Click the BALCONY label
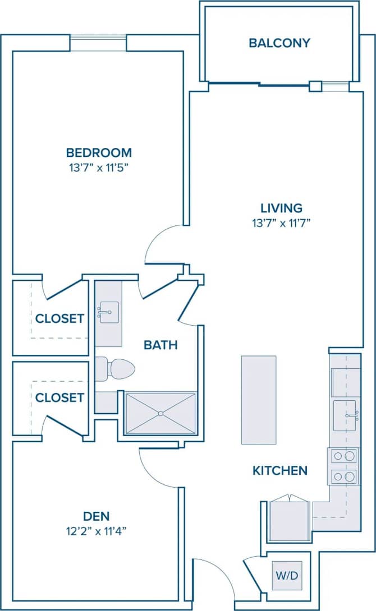coord(279,43)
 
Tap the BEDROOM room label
coord(99,152)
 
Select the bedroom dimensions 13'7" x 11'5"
coord(99,166)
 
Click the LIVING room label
coord(281,209)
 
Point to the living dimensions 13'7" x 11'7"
coord(281,223)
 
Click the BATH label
coord(161,345)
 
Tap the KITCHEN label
coord(280,470)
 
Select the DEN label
coord(96,516)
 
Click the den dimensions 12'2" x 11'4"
coord(96,530)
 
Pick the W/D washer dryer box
coord(287,576)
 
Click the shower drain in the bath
coord(161,414)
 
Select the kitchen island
coord(259,399)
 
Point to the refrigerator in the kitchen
coord(289,521)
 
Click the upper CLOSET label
coord(59,319)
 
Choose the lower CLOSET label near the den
coord(59,397)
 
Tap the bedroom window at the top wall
coord(99,43)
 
